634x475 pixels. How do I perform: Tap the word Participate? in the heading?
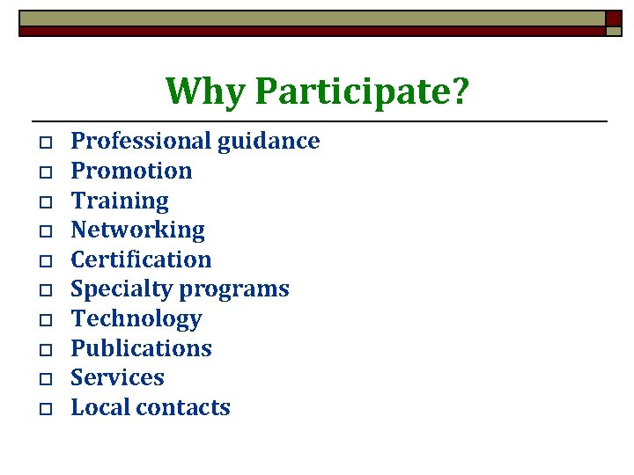(x=363, y=91)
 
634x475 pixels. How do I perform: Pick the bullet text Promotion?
(x=131, y=171)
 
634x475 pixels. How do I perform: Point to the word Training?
(x=120, y=201)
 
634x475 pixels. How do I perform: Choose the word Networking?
(x=137, y=230)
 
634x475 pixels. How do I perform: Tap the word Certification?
(x=141, y=259)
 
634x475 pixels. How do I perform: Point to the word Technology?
(x=136, y=319)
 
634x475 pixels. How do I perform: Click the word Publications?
(x=141, y=348)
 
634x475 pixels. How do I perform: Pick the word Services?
(x=117, y=378)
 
